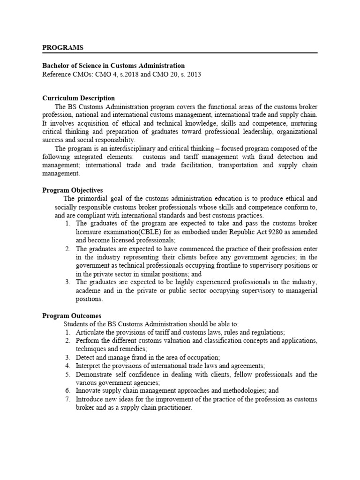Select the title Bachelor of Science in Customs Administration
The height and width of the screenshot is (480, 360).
[x=113, y=66]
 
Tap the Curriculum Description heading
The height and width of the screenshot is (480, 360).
[x=78, y=98]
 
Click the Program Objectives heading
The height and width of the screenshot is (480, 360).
[x=73, y=190]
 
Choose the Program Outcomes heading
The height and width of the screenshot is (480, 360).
[x=72, y=316]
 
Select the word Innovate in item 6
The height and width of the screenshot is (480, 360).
[x=90, y=390]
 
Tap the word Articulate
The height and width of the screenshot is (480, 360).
[x=90, y=332]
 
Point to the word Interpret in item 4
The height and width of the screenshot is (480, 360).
[x=90, y=365]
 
